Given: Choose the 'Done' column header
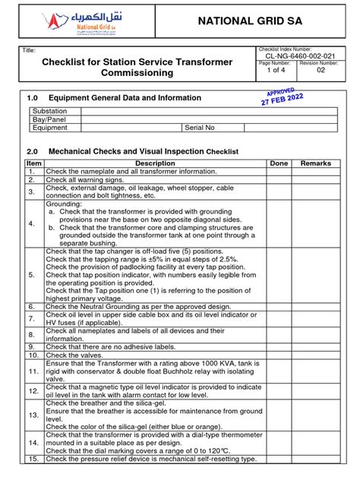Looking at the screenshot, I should click(279, 163).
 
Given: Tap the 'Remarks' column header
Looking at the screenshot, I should click(316, 163).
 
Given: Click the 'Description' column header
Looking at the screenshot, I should click(155, 163).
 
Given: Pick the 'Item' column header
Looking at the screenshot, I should click(33, 163).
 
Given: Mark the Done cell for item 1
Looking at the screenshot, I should click(279, 172).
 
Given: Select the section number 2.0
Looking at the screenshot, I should click(32, 151).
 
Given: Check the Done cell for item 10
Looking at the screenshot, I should click(279, 355).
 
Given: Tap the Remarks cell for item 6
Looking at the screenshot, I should click(316, 306).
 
